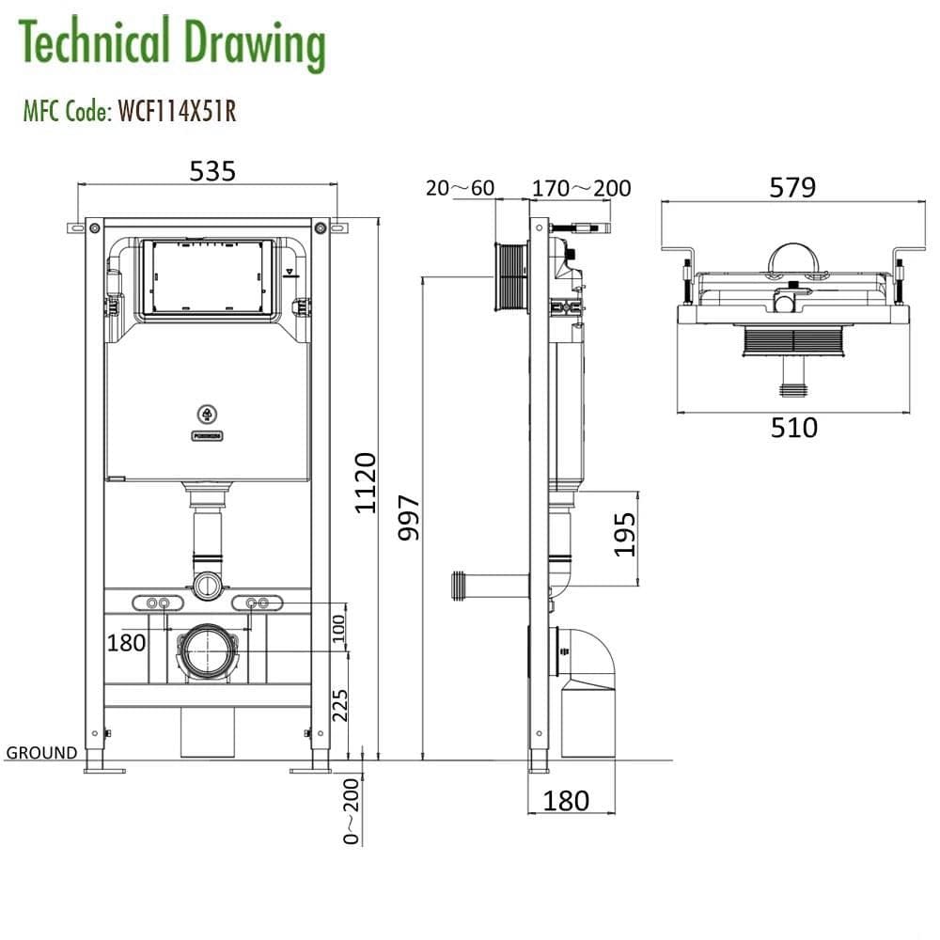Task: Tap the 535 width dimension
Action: point(212,171)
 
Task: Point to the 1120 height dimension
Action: point(366,482)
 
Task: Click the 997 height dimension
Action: point(410,518)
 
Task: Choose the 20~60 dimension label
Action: point(460,188)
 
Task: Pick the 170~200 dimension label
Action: point(581,188)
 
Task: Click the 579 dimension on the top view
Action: point(792,187)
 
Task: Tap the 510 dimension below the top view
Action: point(794,428)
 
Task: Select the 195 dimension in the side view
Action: point(626,534)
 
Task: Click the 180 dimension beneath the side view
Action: point(567,800)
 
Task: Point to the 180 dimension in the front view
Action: point(126,643)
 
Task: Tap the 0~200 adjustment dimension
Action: point(352,811)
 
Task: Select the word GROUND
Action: point(41,752)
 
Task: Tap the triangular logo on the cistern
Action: point(207,413)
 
